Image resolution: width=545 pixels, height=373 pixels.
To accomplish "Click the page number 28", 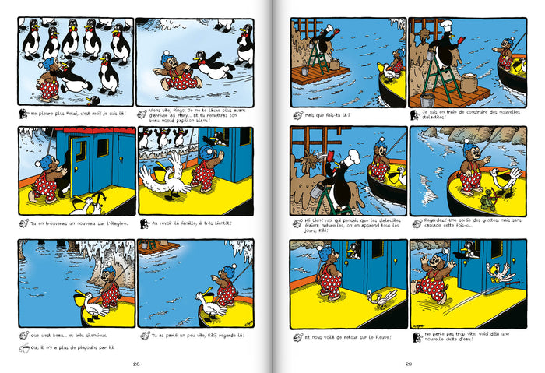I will tap(135, 364).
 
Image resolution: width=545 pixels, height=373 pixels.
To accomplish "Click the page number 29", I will tap(408, 364).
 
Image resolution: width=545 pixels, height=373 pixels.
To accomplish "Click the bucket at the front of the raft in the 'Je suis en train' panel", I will tap(427, 100).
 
